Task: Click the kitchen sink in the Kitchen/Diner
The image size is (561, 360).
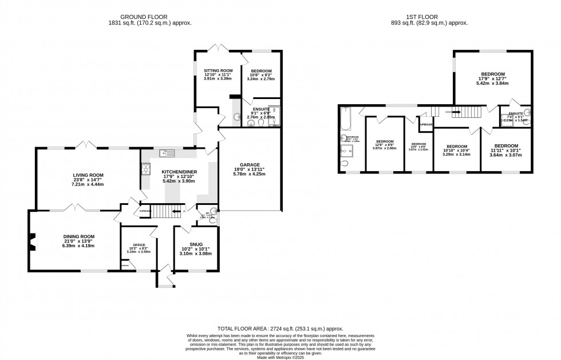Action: point(166,152)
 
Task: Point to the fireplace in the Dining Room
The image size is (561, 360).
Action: point(32,240)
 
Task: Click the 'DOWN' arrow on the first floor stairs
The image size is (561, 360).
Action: point(456,112)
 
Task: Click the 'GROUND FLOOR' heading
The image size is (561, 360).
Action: point(149,17)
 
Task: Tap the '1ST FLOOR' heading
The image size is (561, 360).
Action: point(433,17)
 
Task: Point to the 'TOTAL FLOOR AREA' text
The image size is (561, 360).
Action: point(280,329)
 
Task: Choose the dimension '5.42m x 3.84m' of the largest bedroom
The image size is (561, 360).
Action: point(492,83)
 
